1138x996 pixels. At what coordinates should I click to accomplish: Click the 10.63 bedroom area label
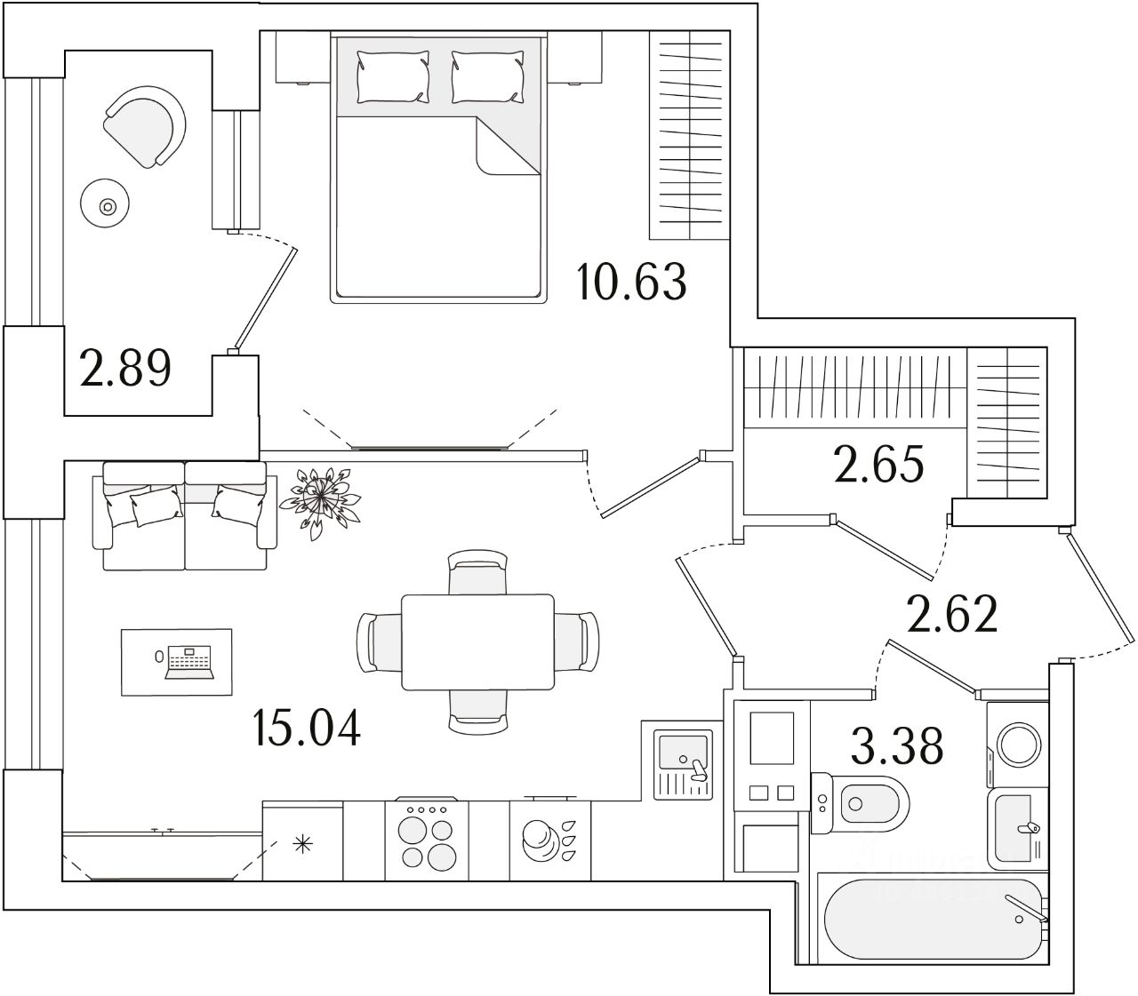(631, 282)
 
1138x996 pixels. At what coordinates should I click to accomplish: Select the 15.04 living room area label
(306, 728)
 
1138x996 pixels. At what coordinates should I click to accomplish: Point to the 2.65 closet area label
(879, 464)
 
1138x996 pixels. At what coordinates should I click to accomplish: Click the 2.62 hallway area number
(951, 614)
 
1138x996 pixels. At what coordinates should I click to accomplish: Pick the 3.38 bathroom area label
(896, 746)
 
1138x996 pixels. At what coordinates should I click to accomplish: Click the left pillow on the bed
(392, 75)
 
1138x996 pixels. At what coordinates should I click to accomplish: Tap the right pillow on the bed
(486, 75)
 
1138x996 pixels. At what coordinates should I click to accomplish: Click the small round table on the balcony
(108, 207)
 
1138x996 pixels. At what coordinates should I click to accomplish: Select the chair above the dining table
(477, 571)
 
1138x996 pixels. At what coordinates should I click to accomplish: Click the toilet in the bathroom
(860, 802)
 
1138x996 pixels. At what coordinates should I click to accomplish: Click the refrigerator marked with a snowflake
(303, 842)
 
